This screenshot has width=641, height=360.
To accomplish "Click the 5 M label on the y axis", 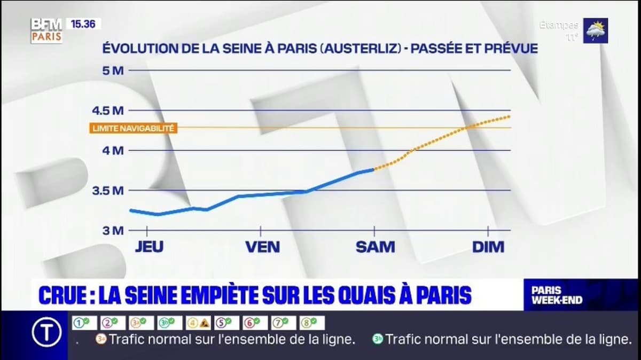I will [x=112, y=70].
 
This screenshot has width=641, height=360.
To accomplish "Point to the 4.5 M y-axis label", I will [x=108, y=111].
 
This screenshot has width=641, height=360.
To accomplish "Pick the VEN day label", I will [x=262, y=247].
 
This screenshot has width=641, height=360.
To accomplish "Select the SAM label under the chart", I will [x=376, y=247].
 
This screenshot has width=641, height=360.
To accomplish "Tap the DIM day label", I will [x=488, y=247].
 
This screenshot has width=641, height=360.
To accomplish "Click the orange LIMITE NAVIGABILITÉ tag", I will [x=134, y=128].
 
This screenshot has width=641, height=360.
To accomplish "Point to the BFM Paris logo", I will [x=46, y=30].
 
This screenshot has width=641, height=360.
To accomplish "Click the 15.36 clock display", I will [x=83, y=24].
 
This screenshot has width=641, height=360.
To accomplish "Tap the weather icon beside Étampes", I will [x=595, y=31].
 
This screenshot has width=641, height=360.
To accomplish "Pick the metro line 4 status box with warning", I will [x=198, y=323].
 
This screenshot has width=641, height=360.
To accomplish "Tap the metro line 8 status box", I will [x=312, y=323].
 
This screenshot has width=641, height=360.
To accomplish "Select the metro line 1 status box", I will [x=84, y=323].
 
